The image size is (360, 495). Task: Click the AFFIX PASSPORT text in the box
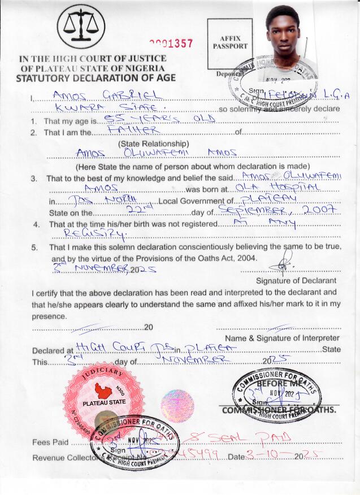229,42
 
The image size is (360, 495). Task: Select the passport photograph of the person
290,40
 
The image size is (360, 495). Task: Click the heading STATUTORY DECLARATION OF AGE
96,78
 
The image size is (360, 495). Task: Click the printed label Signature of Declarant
296,280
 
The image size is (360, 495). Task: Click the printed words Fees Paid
50,442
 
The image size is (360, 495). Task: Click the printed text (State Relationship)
153,144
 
